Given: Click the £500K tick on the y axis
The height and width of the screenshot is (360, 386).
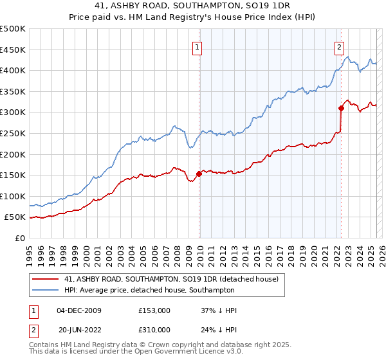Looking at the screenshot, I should click(x=13, y=29).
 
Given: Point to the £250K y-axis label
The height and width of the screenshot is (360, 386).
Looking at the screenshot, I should click(x=13, y=133).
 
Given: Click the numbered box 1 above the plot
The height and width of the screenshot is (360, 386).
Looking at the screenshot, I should click(x=196, y=46).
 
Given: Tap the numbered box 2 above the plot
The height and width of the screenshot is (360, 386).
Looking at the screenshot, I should click(x=339, y=46).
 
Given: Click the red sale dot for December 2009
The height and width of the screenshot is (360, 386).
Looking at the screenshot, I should click(x=199, y=174).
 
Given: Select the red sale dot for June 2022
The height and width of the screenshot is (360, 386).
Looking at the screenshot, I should click(x=342, y=108).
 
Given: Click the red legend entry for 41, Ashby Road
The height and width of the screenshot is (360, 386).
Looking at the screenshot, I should click(x=171, y=279).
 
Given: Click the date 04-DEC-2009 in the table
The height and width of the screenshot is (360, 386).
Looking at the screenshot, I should click(x=79, y=310).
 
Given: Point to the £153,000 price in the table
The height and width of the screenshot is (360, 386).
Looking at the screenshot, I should click(x=154, y=310).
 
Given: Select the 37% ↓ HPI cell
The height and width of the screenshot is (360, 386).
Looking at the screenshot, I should click(x=219, y=310).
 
